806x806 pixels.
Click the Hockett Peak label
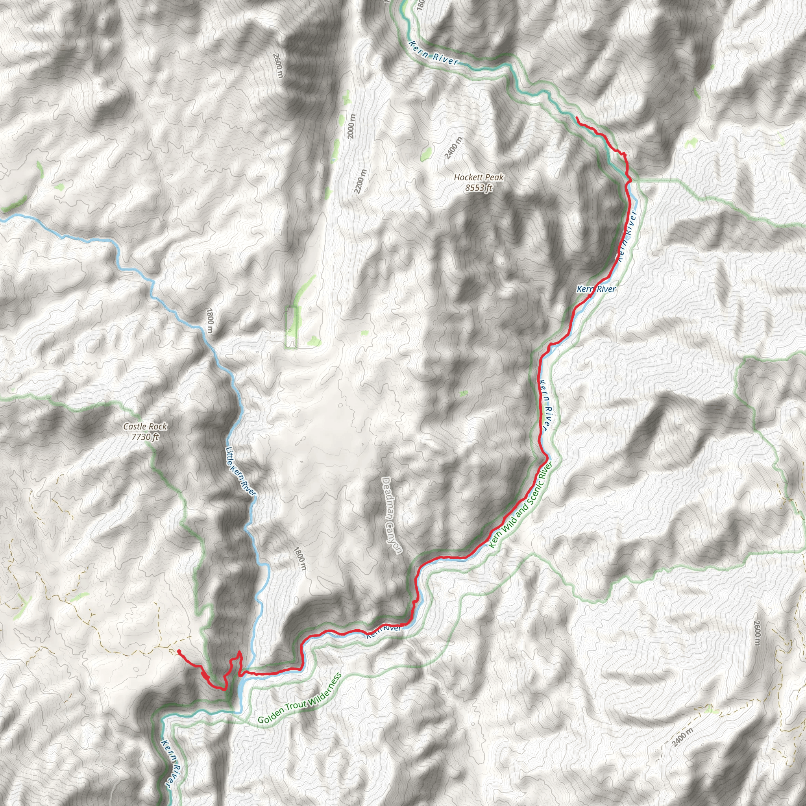click(479, 177)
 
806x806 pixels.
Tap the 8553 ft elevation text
click(479, 188)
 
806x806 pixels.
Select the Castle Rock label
click(145, 426)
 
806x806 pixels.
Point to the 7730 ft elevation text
click(145, 437)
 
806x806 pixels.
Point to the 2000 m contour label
click(351, 126)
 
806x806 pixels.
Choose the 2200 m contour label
click(360, 181)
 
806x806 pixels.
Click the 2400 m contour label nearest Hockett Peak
click(453, 148)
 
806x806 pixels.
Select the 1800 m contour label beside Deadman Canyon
click(300, 559)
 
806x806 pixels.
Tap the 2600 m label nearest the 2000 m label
click(278, 65)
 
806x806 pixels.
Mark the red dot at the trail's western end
click(179, 651)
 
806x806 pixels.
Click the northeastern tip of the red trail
click(577, 118)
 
